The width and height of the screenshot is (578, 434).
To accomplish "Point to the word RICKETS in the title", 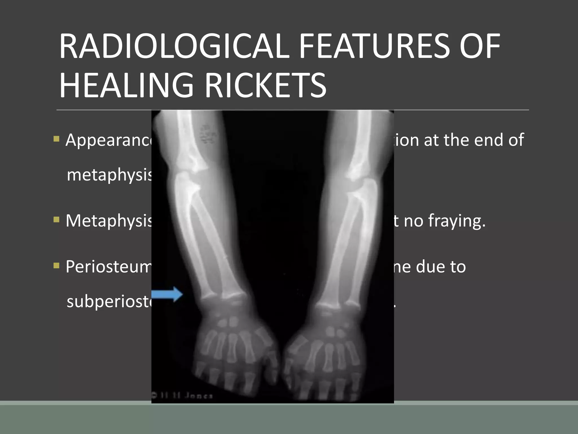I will coord(265,85).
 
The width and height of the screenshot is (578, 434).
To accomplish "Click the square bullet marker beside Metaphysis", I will coord(56,220).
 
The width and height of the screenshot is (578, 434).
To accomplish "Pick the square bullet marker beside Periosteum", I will coord(56,266).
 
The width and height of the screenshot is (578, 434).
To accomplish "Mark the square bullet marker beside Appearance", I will coord(56,139).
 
